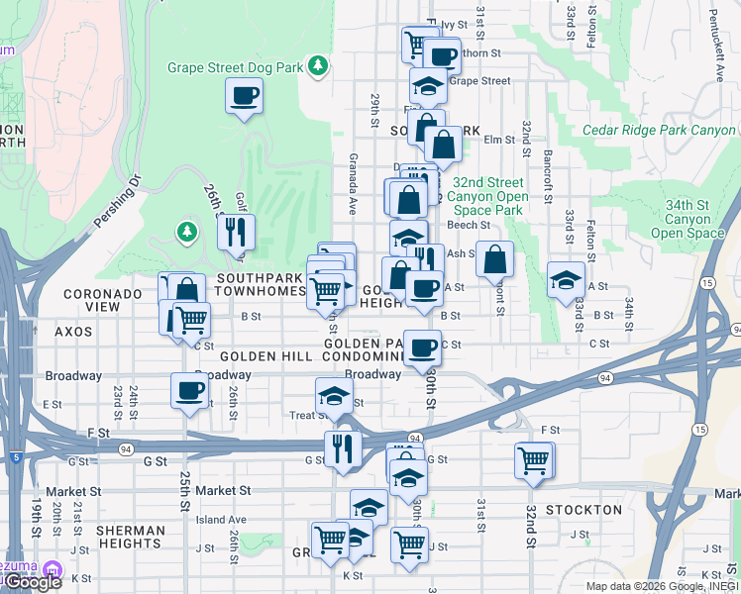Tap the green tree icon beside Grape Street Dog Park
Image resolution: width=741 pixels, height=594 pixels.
click(x=317, y=66)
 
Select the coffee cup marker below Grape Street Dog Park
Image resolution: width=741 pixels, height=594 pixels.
click(x=244, y=97)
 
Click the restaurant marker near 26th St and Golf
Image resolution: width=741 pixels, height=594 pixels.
click(x=236, y=233)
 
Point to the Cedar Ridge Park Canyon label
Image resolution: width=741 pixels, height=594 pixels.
click(x=659, y=131)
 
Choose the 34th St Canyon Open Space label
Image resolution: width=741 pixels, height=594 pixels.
click(x=693, y=219)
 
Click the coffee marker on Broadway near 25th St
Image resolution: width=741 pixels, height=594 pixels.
click(x=189, y=391)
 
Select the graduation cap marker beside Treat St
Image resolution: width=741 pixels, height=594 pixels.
click(x=334, y=397)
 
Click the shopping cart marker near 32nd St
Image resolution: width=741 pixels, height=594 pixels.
click(x=534, y=460)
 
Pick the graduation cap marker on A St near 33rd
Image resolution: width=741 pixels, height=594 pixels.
click(x=566, y=279)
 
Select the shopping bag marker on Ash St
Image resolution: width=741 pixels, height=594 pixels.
click(x=494, y=259)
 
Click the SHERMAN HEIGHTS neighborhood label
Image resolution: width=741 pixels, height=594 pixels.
click(x=131, y=538)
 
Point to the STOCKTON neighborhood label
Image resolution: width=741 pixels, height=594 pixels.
click(x=584, y=510)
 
